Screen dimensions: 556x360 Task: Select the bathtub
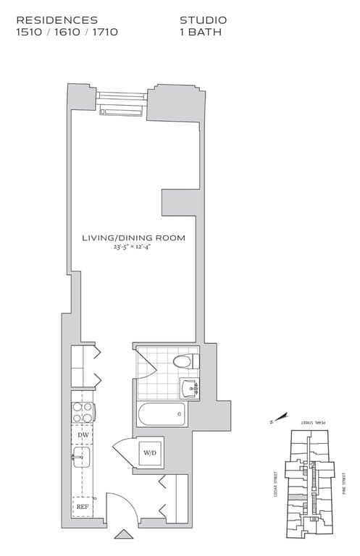(161, 416)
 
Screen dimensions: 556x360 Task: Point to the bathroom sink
(192, 389)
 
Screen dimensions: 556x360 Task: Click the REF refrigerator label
(83, 507)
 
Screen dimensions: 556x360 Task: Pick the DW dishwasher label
(83, 434)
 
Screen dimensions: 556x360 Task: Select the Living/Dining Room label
(133, 237)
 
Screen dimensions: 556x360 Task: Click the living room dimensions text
(133, 248)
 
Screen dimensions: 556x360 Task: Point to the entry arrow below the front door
(123, 536)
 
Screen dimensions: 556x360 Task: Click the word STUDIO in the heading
(203, 20)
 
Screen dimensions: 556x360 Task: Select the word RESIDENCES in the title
(56, 20)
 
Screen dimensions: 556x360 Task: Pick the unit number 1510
(30, 32)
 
